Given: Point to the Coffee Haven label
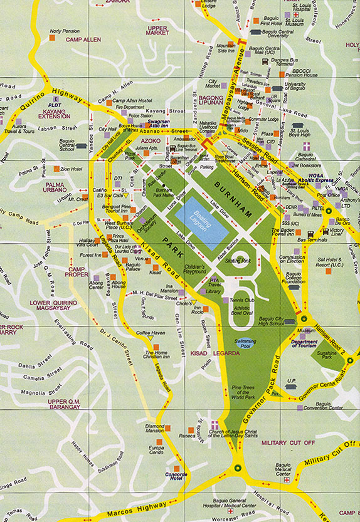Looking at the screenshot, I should (151, 332).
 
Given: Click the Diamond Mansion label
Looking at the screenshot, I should (154, 429).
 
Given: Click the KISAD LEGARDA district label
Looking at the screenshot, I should (215, 354).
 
